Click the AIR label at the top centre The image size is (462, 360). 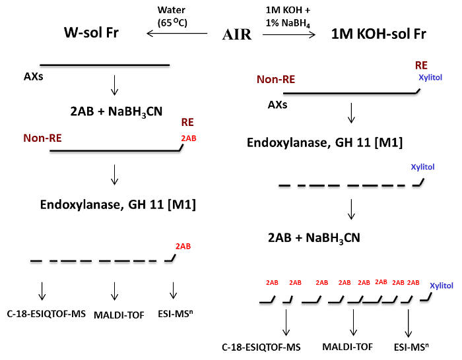237,34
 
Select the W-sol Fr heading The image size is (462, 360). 91,32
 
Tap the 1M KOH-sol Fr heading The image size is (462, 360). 379,34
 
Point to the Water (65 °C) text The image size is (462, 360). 172,16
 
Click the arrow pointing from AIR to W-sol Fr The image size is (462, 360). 177,33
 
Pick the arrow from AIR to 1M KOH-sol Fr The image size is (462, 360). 289,35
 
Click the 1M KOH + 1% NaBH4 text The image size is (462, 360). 288,16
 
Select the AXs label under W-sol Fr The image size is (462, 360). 33,76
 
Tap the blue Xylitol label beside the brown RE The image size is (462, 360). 430,77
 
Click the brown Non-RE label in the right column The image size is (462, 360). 276,80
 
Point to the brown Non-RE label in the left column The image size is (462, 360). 42,138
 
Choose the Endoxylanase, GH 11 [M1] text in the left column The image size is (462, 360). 118,204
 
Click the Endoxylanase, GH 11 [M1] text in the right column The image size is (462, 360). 325,143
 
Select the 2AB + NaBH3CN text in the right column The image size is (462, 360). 314,238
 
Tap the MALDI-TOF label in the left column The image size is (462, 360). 119,315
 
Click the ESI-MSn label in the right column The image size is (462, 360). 411,347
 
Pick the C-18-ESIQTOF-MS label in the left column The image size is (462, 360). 46,314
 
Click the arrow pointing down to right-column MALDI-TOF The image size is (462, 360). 353,322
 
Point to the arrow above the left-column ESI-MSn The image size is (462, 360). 173,291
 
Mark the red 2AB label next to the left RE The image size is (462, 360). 189,138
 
